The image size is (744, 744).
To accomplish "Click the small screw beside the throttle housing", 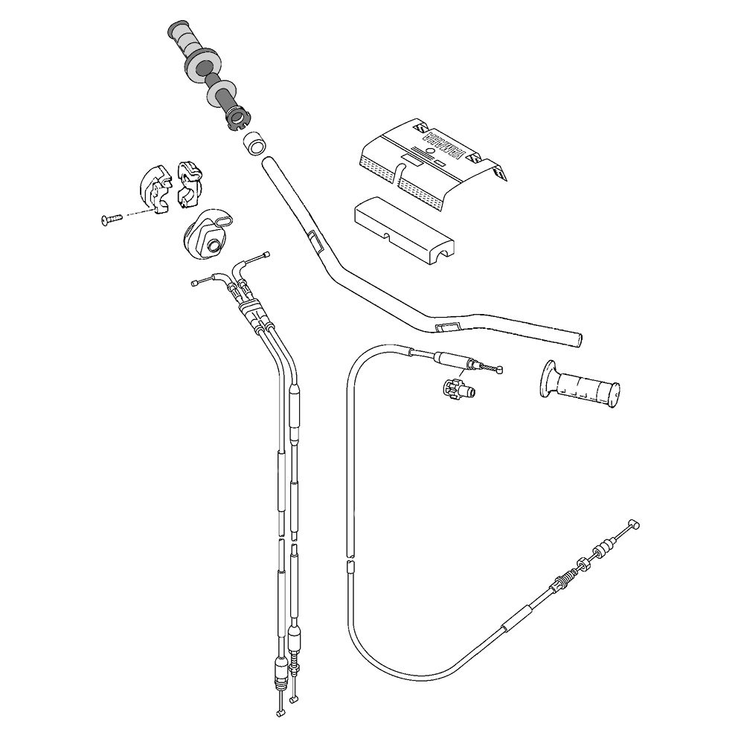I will click(x=109, y=219).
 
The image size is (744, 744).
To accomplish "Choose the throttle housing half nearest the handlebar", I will click(x=188, y=182).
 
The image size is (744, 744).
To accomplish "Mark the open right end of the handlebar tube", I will click(x=578, y=339).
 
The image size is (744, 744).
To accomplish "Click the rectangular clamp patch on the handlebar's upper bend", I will click(x=313, y=240).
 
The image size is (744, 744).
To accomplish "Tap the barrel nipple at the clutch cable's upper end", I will click(x=501, y=368).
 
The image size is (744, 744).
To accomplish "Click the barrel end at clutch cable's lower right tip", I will click(x=634, y=524).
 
